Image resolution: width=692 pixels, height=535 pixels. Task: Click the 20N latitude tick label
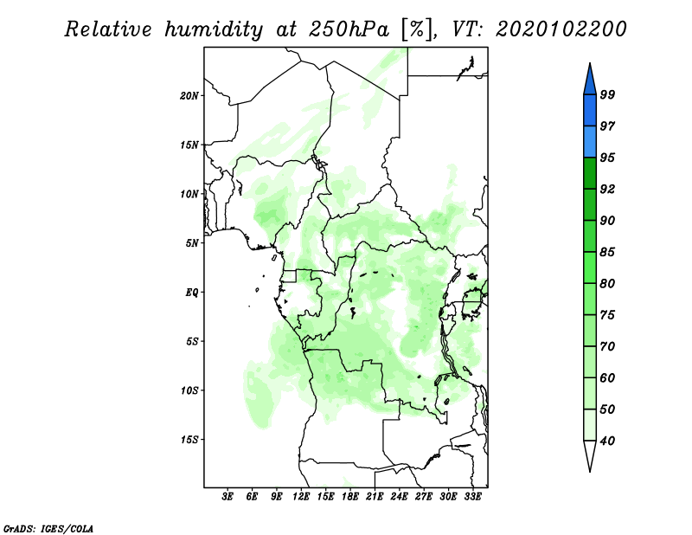coord(189,96)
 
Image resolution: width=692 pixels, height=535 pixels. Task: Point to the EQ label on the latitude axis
coord(191,293)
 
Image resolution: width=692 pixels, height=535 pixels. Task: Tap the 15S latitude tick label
coord(189,440)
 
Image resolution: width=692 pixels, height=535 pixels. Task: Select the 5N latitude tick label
coord(192,243)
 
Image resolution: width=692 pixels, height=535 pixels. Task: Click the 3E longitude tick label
coord(227,497)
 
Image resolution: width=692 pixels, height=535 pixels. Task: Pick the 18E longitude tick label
coord(350,497)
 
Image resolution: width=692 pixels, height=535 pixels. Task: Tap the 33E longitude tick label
coord(472,497)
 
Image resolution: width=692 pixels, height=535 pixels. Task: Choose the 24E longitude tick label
coord(399,497)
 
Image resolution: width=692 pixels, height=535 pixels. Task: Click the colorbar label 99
coord(607,94)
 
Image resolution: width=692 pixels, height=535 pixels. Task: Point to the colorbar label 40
coord(607,441)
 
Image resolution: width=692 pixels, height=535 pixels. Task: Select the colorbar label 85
coord(607,252)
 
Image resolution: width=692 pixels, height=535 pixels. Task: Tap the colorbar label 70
coord(607,346)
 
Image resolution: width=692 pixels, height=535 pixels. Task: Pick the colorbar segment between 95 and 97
coord(590,142)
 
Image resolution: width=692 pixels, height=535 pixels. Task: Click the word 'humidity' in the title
coord(214,29)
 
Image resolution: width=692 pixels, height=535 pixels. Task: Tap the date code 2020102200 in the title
coord(561,29)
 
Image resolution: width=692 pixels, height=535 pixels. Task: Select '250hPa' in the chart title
coord(349,29)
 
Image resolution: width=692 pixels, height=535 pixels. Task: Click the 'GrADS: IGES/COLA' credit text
coord(48,528)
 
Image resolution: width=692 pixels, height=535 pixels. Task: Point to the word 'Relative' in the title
coord(108,29)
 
